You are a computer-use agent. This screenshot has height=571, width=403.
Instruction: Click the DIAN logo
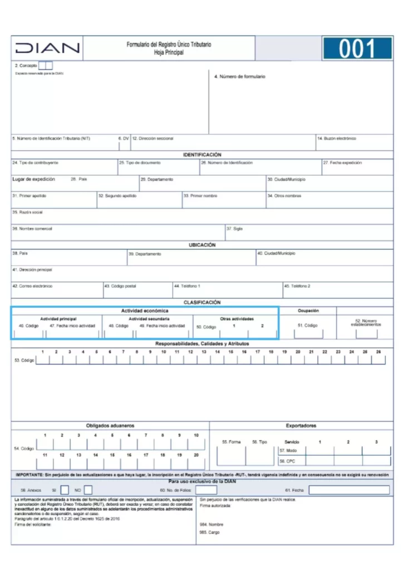47,49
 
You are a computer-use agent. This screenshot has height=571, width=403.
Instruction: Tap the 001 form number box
357,49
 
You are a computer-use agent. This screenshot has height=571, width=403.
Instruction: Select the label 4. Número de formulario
240,76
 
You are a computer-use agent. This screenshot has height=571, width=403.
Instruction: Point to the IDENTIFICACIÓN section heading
202,154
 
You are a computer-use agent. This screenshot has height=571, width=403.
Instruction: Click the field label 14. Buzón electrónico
337,138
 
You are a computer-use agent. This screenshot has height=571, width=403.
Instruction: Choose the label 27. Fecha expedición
343,163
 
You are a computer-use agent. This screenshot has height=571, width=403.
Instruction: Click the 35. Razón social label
28,212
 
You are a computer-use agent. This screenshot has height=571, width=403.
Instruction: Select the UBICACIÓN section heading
202,245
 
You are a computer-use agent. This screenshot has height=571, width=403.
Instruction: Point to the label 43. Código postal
120,286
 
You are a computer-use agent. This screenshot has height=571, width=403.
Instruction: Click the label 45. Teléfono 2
298,286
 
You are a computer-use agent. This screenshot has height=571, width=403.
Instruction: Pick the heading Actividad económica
145,311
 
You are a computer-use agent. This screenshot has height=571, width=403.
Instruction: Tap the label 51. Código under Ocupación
308,325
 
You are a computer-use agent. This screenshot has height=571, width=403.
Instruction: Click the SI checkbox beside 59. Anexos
65,490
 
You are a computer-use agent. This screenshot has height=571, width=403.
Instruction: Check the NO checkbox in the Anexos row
88,490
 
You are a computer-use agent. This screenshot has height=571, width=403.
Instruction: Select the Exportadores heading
301,425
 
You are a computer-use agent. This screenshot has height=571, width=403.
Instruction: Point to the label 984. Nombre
212,525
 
